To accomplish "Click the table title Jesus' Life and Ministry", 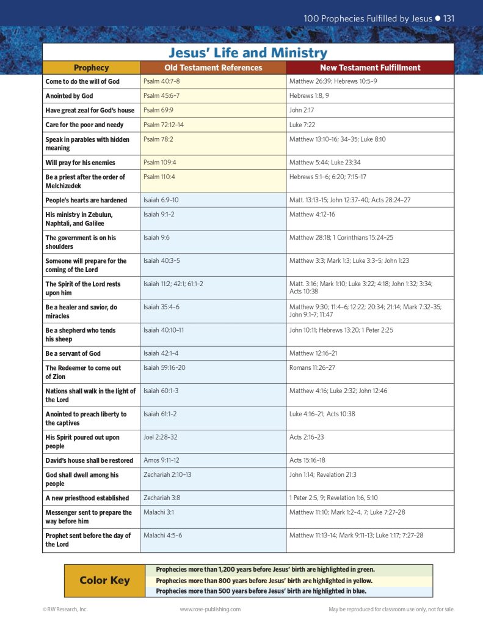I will coord(247,53).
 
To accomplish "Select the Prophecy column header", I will coord(91,68).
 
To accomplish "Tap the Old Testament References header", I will coord(213,68).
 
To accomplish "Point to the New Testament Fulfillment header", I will coord(370,68).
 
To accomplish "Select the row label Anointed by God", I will coord(69,96).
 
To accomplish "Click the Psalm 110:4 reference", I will coord(159,177).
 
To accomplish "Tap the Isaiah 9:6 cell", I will coord(156,238).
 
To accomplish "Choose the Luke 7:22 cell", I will coord(300,125).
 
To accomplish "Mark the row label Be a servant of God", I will coord(73,353).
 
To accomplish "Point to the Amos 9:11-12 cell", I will coord(161,460).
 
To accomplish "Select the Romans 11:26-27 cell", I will coord(312,368).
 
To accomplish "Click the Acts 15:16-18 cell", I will coord(307,460).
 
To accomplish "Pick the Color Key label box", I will coord(104,580).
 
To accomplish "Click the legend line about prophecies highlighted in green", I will coord(265,569).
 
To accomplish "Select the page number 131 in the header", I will coord(448,18).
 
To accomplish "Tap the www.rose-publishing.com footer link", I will coord(210,609).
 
